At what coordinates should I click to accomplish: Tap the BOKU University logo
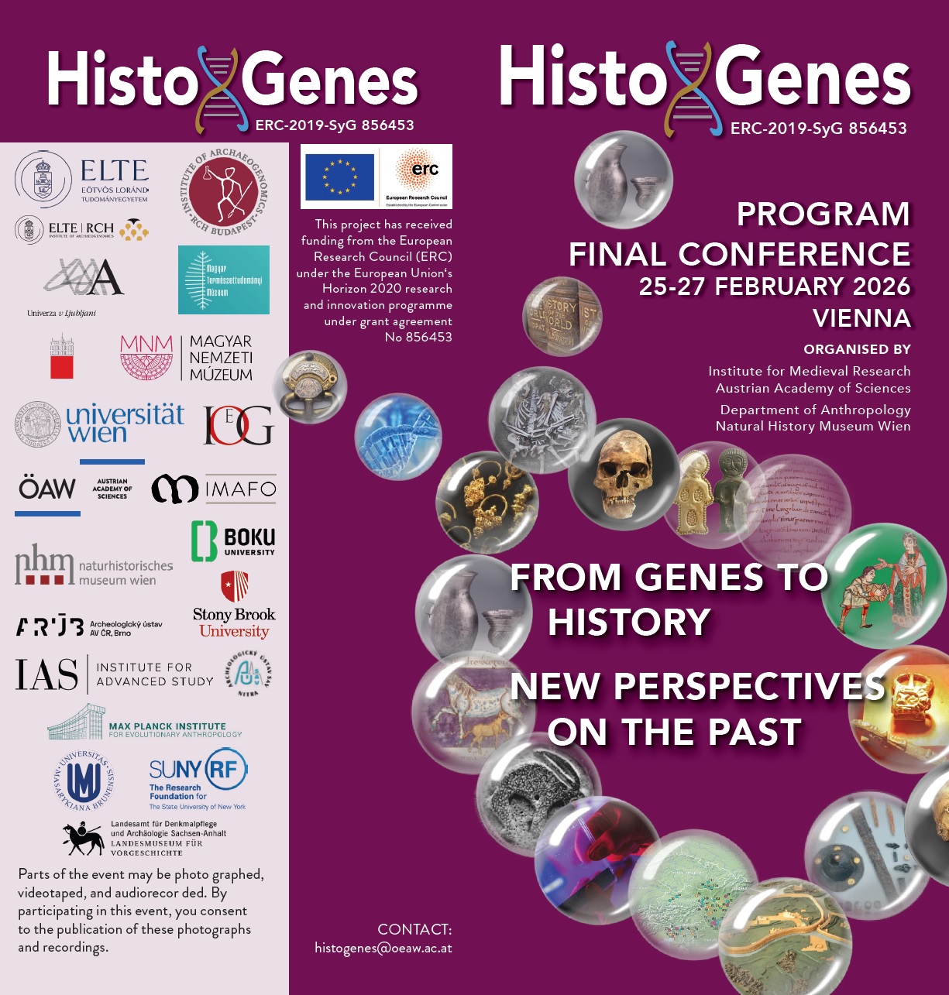pyautogui.click(x=233, y=540)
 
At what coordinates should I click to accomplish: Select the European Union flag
pyautogui.click(x=339, y=177)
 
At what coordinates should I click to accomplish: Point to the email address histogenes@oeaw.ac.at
pyautogui.click(x=383, y=948)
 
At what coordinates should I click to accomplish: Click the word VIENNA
pyautogui.click(x=861, y=318)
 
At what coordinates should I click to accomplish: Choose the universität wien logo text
pyautogui.click(x=125, y=423)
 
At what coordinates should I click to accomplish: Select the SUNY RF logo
pyautogui.click(x=198, y=778)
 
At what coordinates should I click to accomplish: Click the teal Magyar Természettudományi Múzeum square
pyautogui.click(x=224, y=280)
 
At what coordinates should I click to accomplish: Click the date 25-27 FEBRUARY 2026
pyautogui.click(x=774, y=286)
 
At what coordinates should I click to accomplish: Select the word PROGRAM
pyautogui.click(x=823, y=214)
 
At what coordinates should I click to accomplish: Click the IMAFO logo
pyautogui.click(x=214, y=489)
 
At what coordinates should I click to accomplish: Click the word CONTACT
pyautogui.click(x=414, y=929)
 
